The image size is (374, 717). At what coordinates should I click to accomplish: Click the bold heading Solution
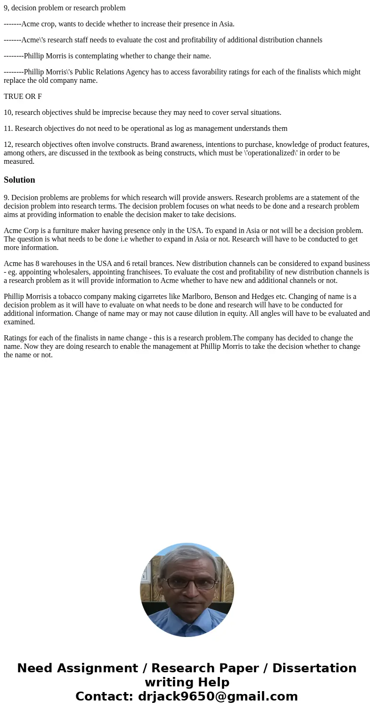pos(19,180)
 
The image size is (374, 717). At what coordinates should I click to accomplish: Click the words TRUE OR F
pos(23,97)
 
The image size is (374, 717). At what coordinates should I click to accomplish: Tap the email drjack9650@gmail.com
pos(218,696)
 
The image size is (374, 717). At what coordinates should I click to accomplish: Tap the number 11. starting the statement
pos(8,129)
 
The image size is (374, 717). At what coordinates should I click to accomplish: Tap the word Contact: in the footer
pos(105,696)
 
